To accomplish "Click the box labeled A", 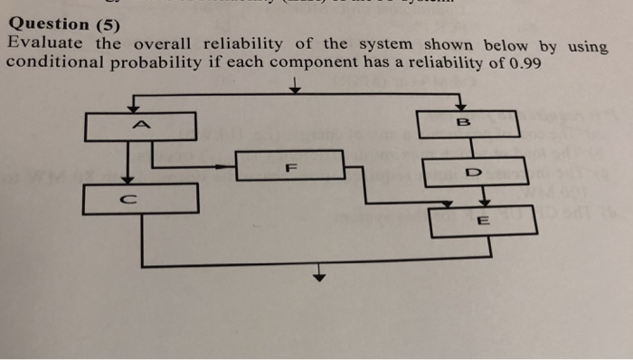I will [x=140, y=127].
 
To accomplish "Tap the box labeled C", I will [x=140, y=198].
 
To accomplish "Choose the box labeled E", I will [x=483, y=220].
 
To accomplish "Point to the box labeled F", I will [x=289, y=166].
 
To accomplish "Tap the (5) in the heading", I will [x=105, y=24].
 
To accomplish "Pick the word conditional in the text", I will [x=55, y=63].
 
